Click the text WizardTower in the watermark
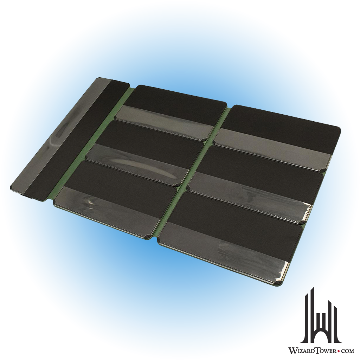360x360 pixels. tap(311, 351)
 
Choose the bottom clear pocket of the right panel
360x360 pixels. tap(225, 248)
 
